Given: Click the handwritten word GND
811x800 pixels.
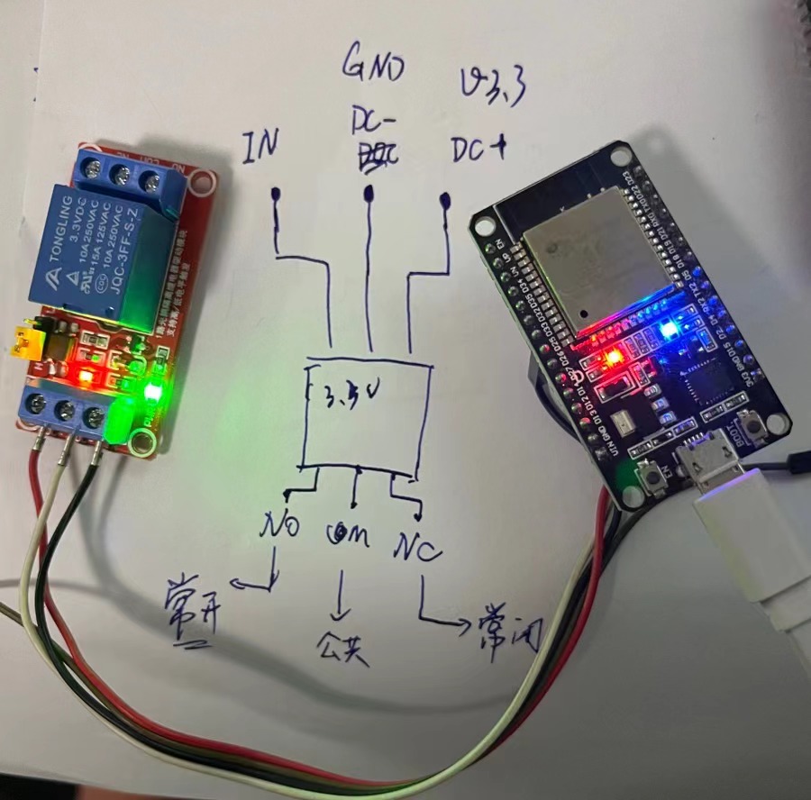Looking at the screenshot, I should (373, 65).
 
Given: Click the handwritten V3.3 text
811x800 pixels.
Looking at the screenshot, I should (491, 89).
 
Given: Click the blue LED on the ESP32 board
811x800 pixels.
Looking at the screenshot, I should (668, 330).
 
